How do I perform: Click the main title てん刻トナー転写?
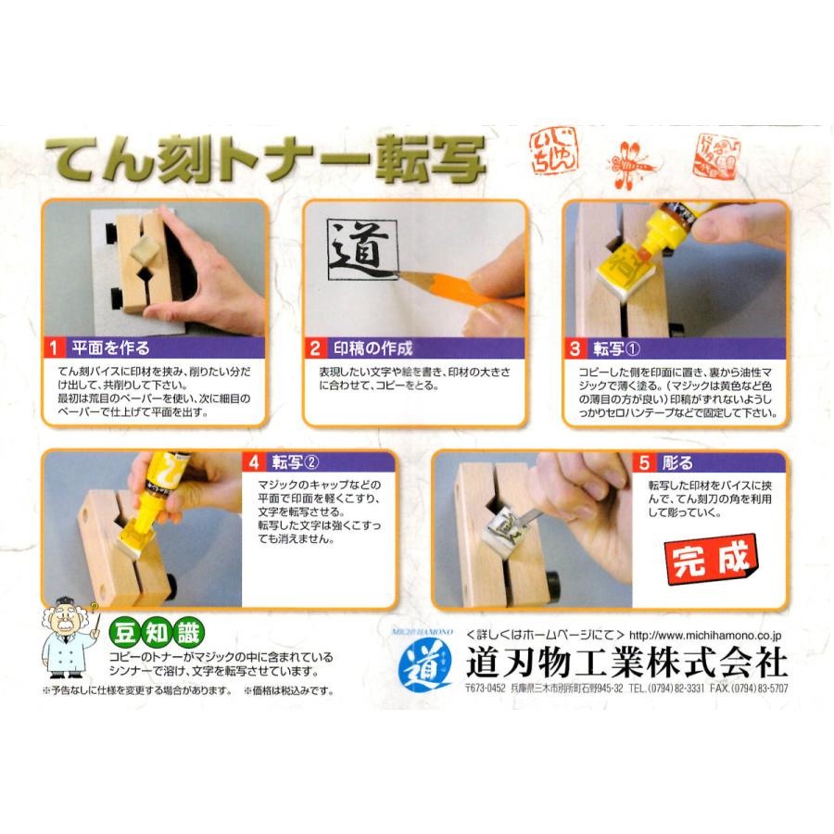click(x=264, y=163)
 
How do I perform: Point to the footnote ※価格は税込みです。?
click(x=288, y=690)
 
